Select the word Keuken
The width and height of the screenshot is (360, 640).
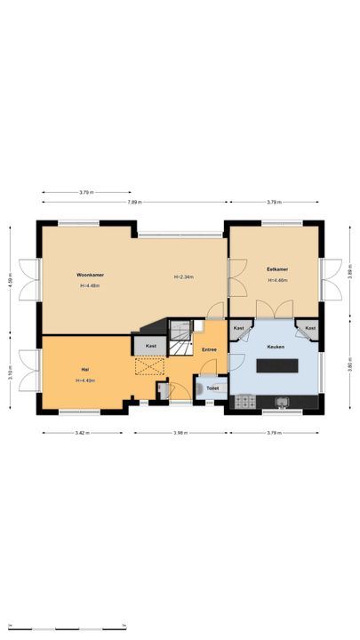(275, 348)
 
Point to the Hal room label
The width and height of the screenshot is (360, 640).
(85, 369)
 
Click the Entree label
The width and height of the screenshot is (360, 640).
(209, 349)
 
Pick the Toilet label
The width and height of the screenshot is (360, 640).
(212, 388)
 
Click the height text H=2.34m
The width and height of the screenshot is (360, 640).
(183, 277)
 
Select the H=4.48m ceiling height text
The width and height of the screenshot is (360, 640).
(90, 286)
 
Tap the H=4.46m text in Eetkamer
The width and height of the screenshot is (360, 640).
(277, 280)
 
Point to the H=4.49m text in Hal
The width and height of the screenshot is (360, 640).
(85, 380)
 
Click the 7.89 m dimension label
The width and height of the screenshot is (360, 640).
(132, 203)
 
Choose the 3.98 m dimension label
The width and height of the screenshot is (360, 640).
(180, 433)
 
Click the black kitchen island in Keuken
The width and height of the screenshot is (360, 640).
(275, 364)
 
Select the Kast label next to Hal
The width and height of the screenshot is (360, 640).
(150, 346)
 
